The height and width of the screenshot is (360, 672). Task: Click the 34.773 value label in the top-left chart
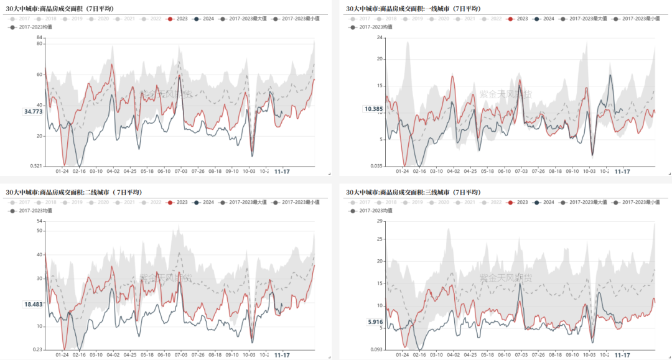click(33, 111)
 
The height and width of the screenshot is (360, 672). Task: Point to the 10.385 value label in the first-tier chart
click(373, 109)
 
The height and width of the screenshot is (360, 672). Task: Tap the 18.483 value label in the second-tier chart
click(33, 304)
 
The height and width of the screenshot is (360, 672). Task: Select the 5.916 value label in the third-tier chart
click(375, 321)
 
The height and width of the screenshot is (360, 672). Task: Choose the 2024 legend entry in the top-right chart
click(544, 19)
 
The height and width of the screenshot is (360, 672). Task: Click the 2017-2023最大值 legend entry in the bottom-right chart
click(588, 203)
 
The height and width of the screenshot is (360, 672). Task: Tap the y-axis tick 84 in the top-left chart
click(39, 38)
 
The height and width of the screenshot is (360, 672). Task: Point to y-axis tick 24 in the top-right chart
click(379, 38)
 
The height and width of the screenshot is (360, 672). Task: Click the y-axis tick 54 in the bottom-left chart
click(39, 221)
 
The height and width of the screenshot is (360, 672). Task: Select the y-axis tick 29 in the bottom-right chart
click(379, 221)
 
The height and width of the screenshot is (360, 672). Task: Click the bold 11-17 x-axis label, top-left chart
click(282, 171)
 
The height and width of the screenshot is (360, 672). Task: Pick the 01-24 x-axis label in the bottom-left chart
click(62, 355)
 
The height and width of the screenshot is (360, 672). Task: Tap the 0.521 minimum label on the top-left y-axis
click(36, 166)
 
